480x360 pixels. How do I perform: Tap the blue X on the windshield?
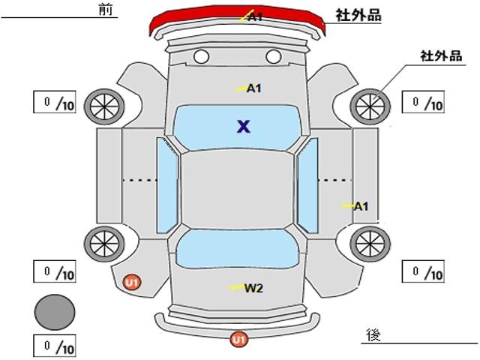(244, 127)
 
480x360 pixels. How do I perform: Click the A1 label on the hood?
(254, 88)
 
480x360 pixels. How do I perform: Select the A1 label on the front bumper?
(255, 16)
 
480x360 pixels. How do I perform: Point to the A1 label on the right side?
(361, 207)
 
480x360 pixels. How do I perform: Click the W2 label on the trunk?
(253, 288)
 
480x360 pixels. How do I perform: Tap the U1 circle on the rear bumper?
(239, 340)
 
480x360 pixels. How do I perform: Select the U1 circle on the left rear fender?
(132, 282)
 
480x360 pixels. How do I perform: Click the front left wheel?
(104, 106)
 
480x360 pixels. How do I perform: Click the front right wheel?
(370, 106)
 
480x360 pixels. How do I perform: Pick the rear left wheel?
(104, 244)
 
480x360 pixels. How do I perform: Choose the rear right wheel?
(370, 244)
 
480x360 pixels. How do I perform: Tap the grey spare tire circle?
(55, 312)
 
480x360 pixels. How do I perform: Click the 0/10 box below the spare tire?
(55, 346)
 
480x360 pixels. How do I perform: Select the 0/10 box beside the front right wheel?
(423, 102)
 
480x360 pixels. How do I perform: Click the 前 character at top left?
(106, 10)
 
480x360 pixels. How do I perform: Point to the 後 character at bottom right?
(373, 334)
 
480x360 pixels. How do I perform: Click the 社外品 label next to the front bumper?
(358, 15)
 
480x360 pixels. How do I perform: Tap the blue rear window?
(237, 249)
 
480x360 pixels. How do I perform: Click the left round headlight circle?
(202, 57)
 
